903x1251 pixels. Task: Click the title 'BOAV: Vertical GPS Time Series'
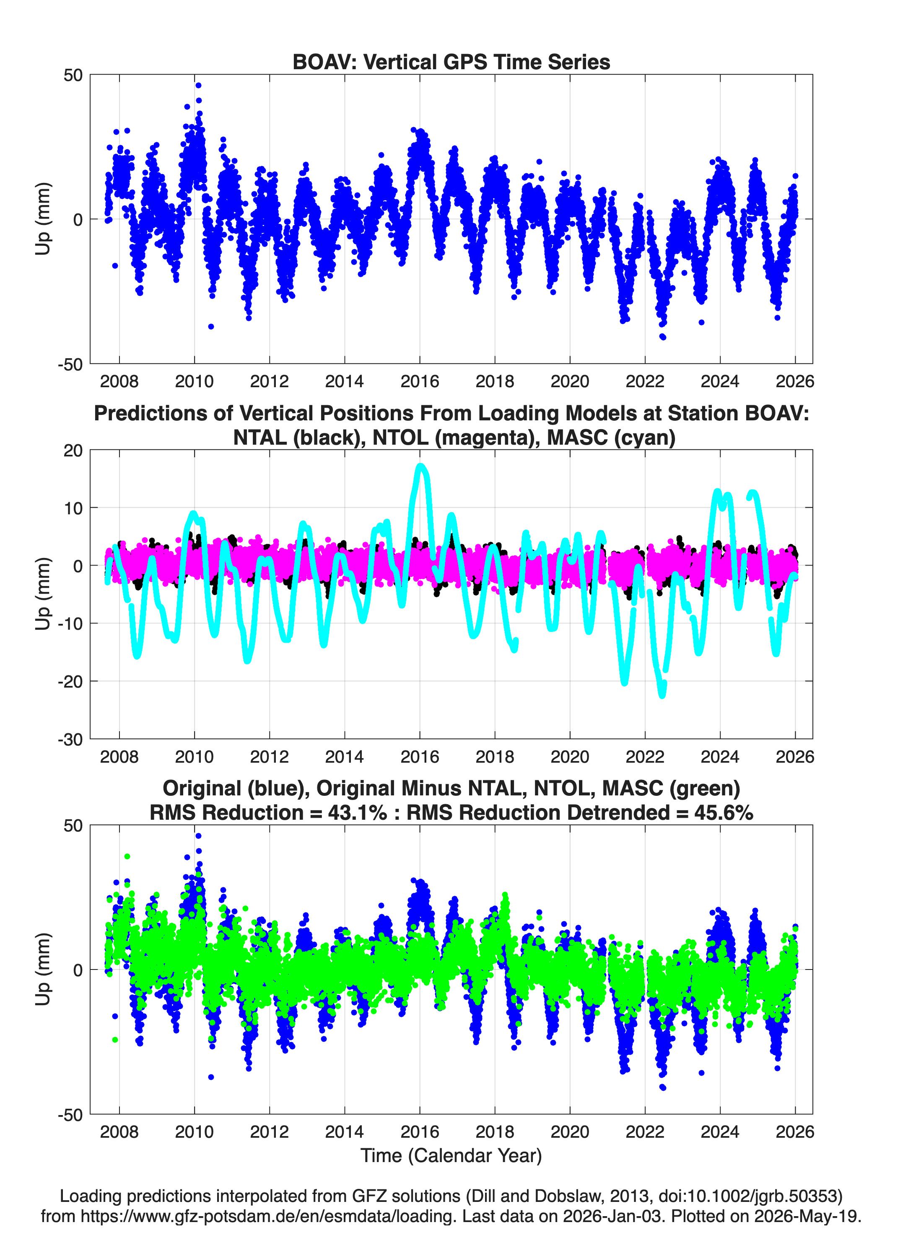click(x=451, y=62)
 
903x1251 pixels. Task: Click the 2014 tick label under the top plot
click(x=345, y=381)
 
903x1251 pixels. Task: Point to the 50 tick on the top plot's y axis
click(x=73, y=75)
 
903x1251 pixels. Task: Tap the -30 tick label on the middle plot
click(x=70, y=739)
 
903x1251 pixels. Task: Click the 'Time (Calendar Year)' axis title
click(x=451, y=1155)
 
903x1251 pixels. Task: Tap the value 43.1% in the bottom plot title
click(x=357, y=813)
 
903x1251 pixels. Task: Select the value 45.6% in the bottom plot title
click(x=724, y=813)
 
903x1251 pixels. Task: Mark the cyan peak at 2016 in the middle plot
click(x=420, y=467)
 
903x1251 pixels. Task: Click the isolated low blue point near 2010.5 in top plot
click(x=210, y=326)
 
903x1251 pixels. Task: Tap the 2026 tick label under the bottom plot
click(x=795, y=1131)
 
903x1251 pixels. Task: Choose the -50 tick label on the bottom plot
click(x=70, y=1114)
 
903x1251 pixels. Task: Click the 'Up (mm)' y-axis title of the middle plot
click(x=43, y=594)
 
